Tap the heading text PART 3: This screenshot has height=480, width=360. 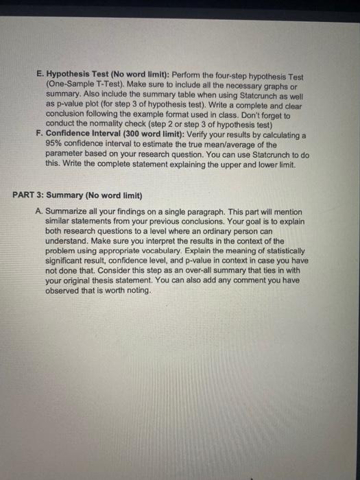[29, 194]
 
